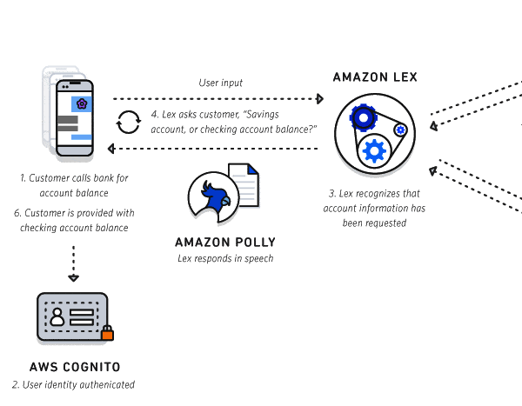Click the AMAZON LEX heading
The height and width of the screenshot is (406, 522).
pyautogui.click(x=375, y=77)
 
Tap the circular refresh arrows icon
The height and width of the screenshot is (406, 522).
pyautogui.click(x=129, y=122)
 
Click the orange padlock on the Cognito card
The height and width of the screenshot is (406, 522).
pyautogui.click(x=108, y=332)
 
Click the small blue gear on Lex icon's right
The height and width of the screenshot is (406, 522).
pyautogui.click(x=400, y=130)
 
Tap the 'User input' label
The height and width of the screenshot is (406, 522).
pyautogui.click(x=221, y=83)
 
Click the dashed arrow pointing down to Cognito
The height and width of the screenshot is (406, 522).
pyautogui.click(x=74, y=263)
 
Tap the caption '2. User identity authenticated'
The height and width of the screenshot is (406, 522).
pyautogui.click(x=74, y=384)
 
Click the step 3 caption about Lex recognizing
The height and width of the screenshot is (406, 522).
pyautogui.click(x=374, y=207)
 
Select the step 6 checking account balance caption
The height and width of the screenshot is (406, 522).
pyautogui.click(x=74, y=220)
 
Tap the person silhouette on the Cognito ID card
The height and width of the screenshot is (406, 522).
pyautogui.click(x=58, y=316)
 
